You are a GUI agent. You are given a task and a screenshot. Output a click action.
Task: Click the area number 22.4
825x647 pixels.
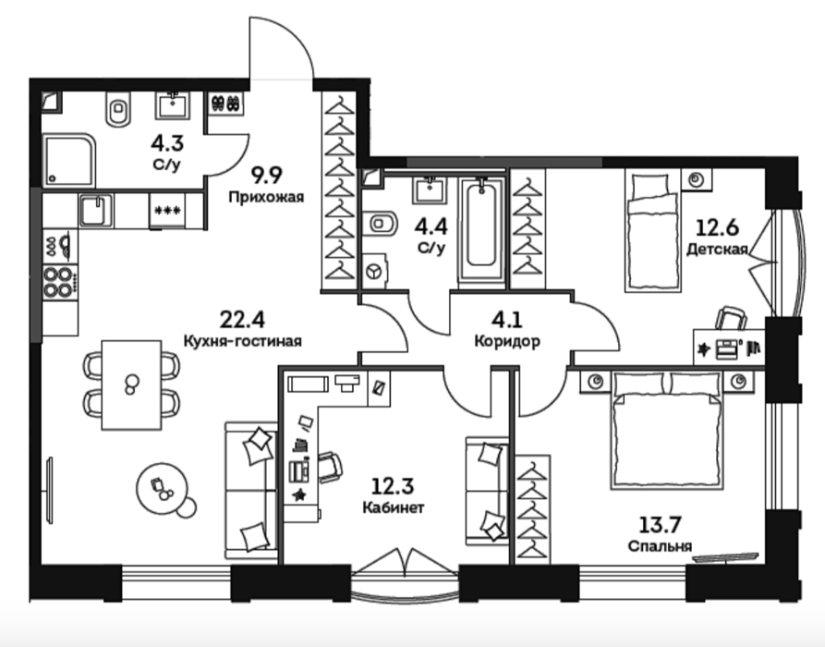(x=242, y=319)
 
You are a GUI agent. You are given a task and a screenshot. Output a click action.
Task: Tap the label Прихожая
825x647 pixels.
(x=266, y=198)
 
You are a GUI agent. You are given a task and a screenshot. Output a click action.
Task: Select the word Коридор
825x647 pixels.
(x=507, y=342)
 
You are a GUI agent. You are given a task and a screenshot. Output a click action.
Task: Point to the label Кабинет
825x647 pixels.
(x=394, y=507)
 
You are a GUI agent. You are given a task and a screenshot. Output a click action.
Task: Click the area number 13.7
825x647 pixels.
(x=661, y=524)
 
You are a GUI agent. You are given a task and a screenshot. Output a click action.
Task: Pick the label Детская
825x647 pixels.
(x=717, y=249)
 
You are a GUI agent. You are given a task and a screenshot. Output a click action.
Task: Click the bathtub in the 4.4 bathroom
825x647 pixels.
(x=481, y=232)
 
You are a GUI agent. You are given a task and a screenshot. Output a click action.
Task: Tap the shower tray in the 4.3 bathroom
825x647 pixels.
(x=69, y=160)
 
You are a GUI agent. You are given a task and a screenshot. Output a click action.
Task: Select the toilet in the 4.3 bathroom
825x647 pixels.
(x=117, y=109)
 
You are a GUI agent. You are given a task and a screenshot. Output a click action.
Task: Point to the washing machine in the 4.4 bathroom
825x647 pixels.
(x=374, y=271)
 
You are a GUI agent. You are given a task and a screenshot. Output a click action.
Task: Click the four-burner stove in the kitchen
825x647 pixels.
(x=58, y=282)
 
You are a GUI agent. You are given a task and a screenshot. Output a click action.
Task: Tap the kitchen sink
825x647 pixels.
(x=95, y=211)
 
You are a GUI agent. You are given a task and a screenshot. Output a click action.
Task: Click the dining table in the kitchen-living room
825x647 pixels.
(x=131, y=385)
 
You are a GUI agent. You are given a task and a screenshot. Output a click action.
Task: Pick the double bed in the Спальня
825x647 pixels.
(x=667, y=430)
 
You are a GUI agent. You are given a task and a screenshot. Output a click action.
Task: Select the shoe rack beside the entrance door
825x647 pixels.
(x=226, y=104)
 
